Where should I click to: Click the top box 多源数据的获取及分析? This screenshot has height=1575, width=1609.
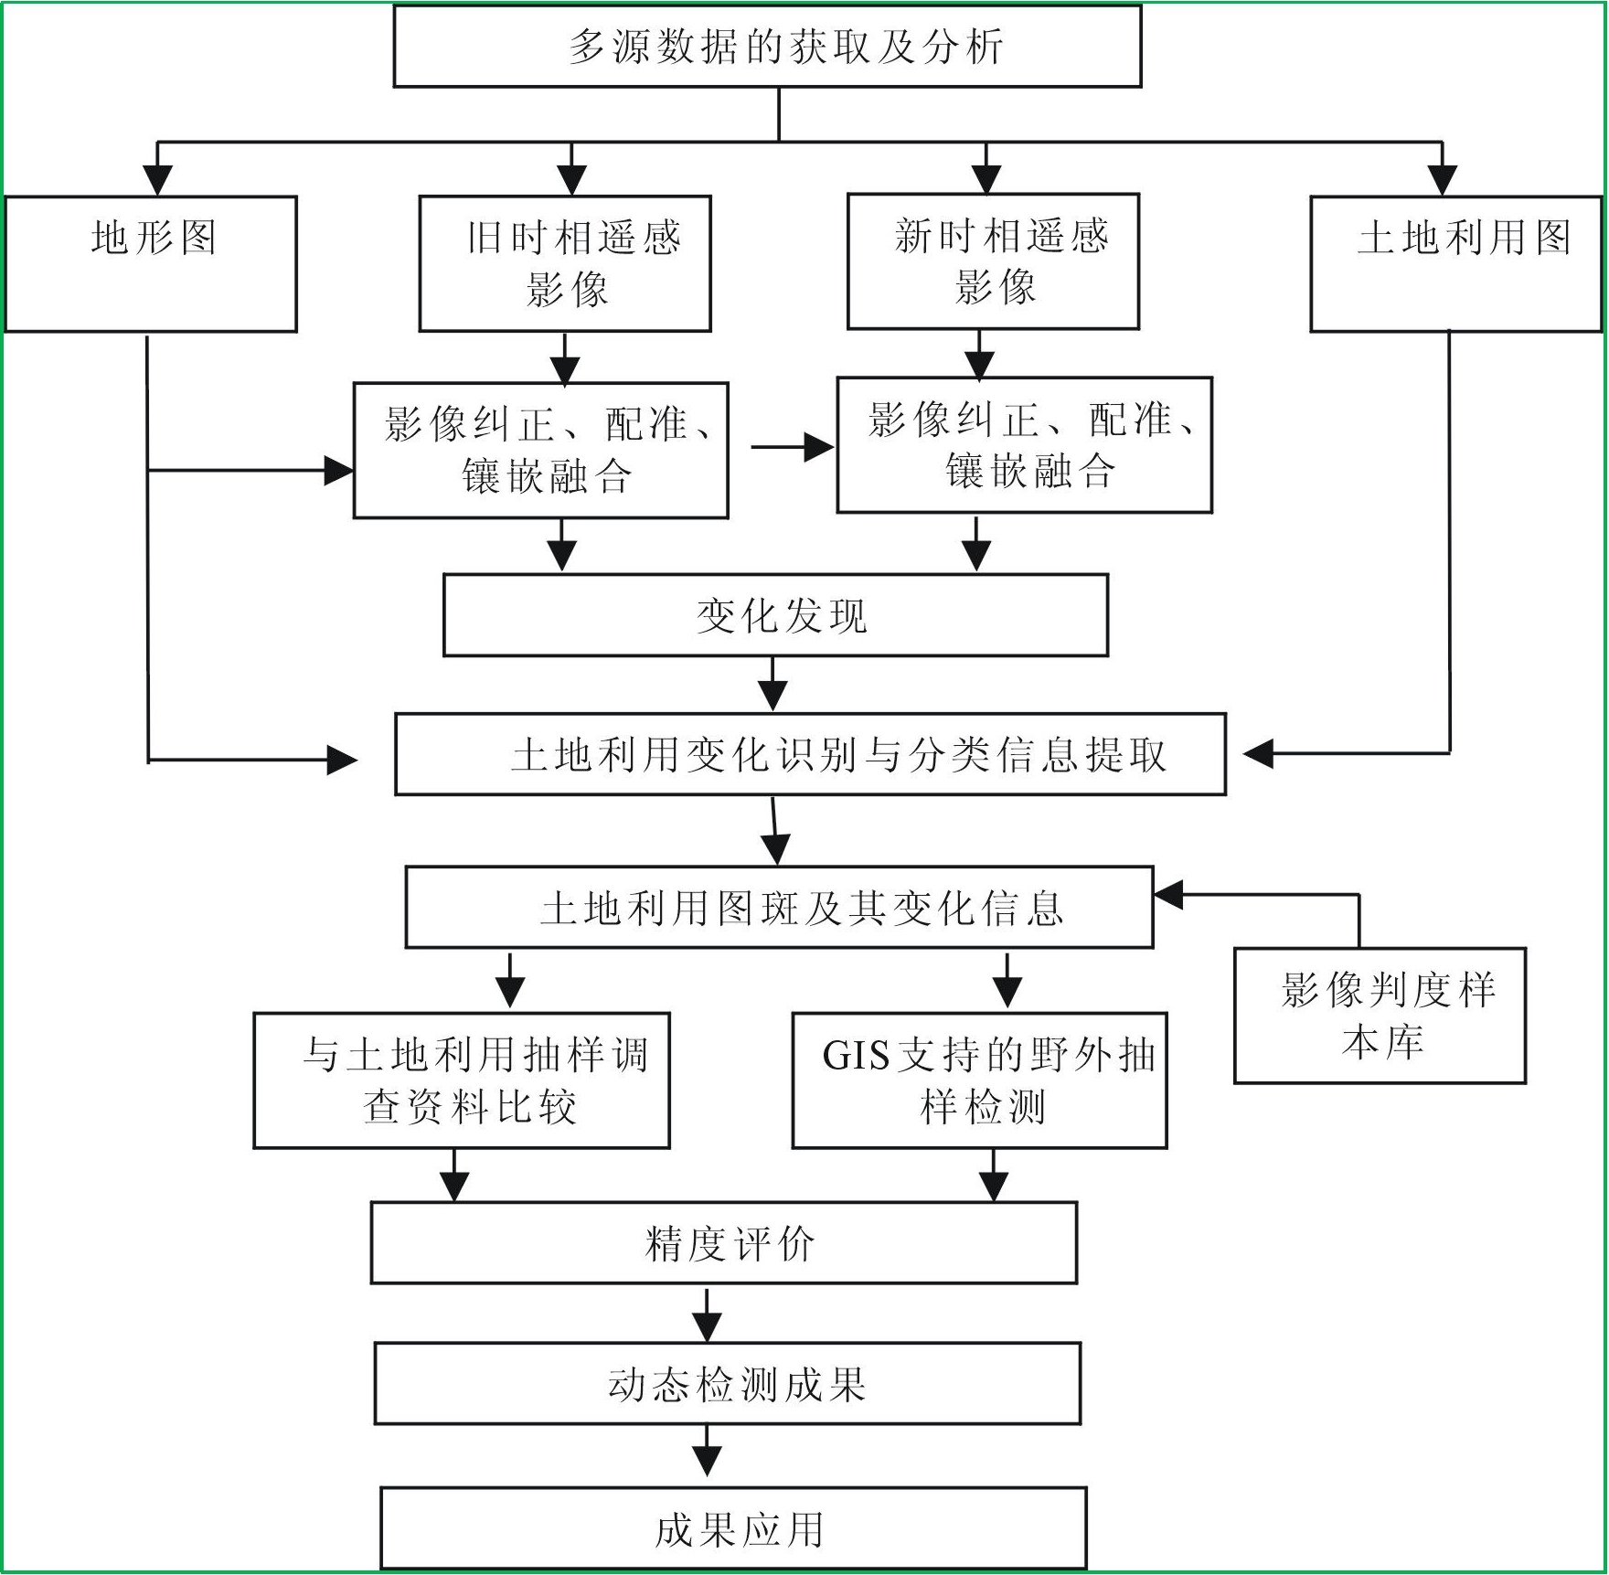768,46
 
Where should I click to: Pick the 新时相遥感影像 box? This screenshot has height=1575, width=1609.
993,261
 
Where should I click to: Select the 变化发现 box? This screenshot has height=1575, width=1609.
775,615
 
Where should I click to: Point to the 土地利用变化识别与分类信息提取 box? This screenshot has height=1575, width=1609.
810,754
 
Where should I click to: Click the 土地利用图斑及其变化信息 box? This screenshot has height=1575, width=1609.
779,908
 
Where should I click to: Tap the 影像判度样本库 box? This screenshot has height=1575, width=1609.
1380,1016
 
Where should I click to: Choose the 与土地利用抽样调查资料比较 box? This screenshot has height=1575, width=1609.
462,1080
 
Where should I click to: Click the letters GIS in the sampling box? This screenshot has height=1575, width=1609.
856,1056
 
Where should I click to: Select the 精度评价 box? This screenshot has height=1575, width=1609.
724,1243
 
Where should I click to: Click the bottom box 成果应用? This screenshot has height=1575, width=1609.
733,1528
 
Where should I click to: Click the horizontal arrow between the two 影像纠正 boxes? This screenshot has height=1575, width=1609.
792,448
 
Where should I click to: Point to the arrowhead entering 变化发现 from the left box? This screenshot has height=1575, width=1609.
561,555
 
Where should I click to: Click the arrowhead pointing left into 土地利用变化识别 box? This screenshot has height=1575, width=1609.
1259,754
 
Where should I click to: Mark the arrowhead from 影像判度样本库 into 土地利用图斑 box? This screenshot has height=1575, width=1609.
1169,895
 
